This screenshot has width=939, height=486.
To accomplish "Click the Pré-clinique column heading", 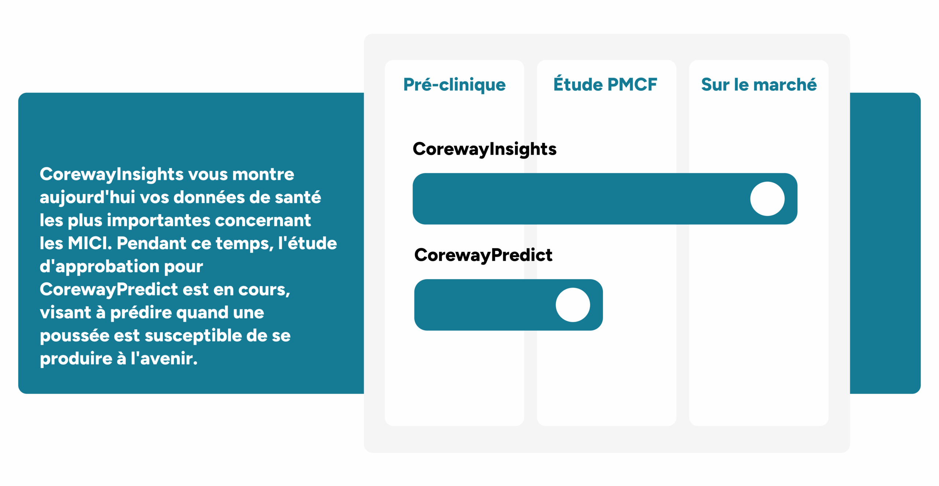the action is coord(454,85).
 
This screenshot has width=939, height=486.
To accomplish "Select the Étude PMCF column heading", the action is coord(605,84).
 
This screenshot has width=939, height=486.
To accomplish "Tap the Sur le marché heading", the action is coord(759,84).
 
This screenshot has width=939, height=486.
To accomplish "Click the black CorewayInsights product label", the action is coord(485,149).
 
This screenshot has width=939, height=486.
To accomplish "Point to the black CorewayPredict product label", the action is coord(483,255).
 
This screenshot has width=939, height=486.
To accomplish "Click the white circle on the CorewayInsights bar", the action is coord(767,199).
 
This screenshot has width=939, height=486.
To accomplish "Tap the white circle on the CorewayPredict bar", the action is coord(573,305).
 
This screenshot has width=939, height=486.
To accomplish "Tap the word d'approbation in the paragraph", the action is coord(99,267).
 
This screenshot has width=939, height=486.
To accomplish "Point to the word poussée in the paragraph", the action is coord(74,336).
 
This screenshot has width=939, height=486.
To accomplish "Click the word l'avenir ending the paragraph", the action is coord(164,358).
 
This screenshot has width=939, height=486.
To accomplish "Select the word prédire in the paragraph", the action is coord(141,313).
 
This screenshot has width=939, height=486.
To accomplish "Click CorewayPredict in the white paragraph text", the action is coord(109,289).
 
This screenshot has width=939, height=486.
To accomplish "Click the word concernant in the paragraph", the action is coord(263,221).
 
